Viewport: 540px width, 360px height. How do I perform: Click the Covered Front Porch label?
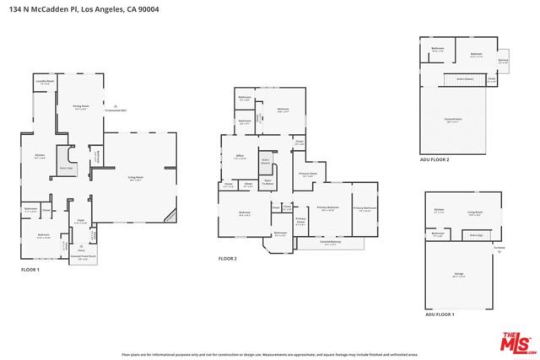[82, 259]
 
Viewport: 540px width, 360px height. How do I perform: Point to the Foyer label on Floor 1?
[81, 223]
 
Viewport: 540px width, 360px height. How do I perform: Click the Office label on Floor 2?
[240, 157]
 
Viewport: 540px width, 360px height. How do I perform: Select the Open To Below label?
[267, 180]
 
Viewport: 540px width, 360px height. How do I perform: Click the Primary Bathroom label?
[364, 209]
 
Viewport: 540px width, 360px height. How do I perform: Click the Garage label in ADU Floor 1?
[458, 276]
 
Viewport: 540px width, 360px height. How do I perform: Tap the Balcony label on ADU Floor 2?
[503, 61]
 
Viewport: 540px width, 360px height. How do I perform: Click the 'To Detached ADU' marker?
[116, 110]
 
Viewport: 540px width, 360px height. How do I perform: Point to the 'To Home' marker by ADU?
[499, 247]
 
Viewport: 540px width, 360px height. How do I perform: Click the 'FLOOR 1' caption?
[30, 270]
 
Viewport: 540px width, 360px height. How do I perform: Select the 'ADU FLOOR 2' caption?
[435, 159]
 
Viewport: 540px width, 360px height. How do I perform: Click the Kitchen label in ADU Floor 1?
[439, 210]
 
